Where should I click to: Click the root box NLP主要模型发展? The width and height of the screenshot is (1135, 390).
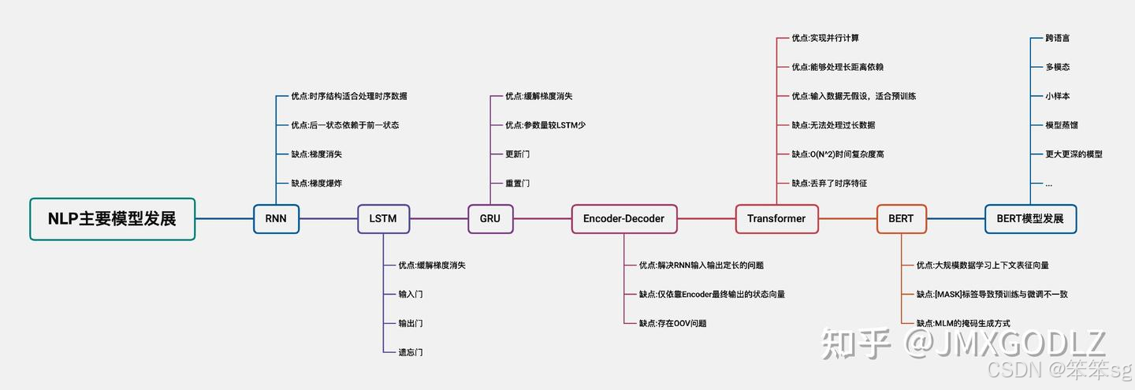[112, 218]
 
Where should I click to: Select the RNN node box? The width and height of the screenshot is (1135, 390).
[276, 218]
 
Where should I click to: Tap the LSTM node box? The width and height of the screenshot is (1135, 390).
[383, 218]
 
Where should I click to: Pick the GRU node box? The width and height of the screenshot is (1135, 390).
[489, 218]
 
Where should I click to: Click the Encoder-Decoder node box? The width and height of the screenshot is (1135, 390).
[623, 218]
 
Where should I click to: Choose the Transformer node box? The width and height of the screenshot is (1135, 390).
[776, 218]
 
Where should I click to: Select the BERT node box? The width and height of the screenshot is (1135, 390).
[901, 218]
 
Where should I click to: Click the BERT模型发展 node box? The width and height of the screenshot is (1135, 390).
[1030, 218]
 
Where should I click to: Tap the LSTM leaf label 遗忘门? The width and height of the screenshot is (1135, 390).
[411, 352]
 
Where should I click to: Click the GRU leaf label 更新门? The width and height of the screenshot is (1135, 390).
[518, 154]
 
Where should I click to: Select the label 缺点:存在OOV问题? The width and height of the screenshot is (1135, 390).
[672, 323]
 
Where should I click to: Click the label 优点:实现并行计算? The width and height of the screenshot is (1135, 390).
[825, 38]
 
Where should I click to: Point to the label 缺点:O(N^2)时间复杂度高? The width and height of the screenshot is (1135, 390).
[838, 154]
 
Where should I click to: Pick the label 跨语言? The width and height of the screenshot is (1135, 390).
[1058, 38]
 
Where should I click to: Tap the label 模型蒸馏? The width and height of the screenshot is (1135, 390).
[1062, 125]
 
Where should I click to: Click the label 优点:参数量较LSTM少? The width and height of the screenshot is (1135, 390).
[545, 125]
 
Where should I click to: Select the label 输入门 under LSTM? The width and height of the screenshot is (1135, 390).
[411, 294]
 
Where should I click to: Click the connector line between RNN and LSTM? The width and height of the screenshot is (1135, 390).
[328, 218]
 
